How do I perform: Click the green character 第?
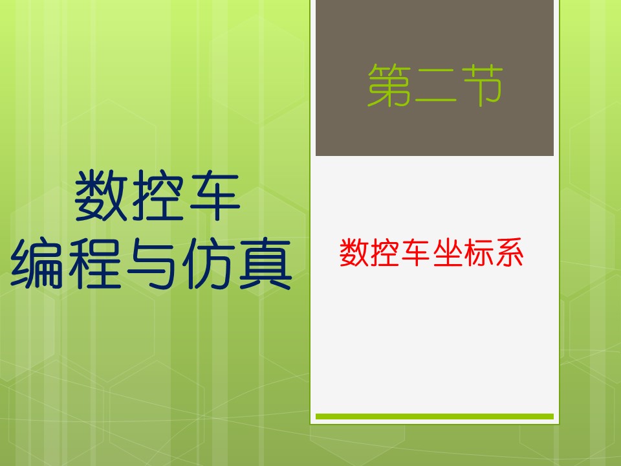tap(389, 85)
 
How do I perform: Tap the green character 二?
tap(435, 86)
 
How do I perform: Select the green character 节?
tap(481, 85)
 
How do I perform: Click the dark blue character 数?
tap(101, 195)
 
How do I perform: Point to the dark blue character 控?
tap(158, 195)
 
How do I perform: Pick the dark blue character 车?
tap(215, 195)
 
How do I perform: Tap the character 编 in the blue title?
tap(37, 263)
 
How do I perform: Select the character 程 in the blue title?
tap(95, 263)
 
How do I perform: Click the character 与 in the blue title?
tap(151, 263)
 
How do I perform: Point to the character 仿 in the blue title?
tap(208, 263)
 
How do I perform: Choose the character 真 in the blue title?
tap(265, 263)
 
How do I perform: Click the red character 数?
tap(354, 252)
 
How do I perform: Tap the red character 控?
tap(385, 252)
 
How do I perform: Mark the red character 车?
tap(416, 252)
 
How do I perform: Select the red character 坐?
tap(447, 252)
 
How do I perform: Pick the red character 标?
tap(478, 252)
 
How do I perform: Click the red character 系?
tap(509, 252)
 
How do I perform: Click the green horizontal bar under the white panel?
tap(435, 416)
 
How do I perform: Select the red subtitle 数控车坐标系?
tap(431, 252)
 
